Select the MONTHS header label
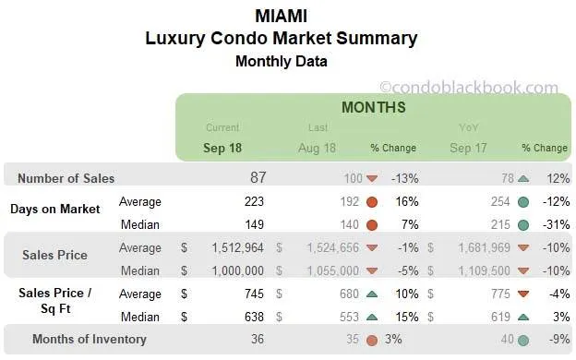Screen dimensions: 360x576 point(373,108)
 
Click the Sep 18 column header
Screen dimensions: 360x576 point(222,148)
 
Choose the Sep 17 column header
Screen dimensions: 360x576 point(467,148)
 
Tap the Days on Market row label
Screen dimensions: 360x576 point(55,209)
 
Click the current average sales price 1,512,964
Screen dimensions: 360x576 point(235,247)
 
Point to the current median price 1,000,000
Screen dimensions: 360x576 point(235,270)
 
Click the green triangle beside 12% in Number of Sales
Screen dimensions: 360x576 point(522,178)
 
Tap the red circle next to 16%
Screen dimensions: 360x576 point(372,201)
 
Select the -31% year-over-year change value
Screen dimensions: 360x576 point(555,223)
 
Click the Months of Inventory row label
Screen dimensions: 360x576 point(90,339)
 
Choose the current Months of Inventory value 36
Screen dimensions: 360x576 point(257,339)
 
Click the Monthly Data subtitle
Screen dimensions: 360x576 point(281,62)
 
